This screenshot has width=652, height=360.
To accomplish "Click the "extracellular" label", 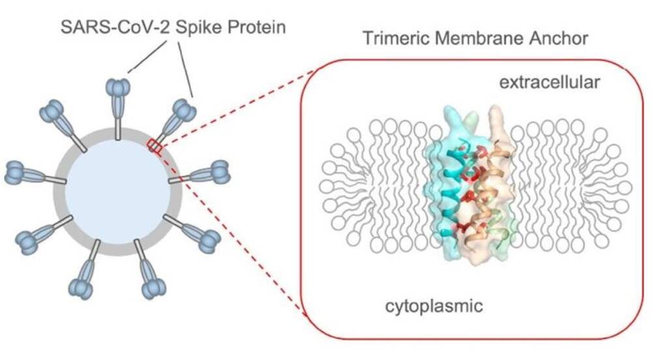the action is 549,82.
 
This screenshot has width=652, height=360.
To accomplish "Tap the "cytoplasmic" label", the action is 434,307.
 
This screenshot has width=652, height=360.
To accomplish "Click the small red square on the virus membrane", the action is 155,146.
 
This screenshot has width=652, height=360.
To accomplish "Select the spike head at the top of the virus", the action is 119,87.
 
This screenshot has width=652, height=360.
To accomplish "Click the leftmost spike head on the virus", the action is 14,173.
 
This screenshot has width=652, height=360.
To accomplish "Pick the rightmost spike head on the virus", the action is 220,172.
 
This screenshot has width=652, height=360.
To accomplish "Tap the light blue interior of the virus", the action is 118,191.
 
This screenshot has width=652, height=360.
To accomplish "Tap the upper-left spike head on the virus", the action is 52,111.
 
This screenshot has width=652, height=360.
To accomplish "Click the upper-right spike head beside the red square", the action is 185,110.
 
